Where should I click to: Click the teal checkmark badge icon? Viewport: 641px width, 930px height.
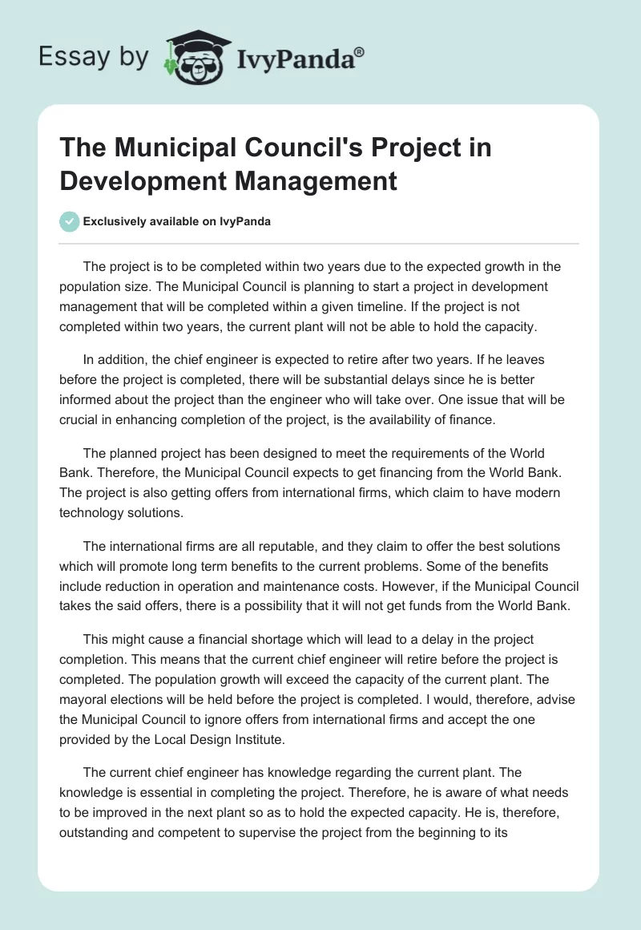click(x=70, y=221)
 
